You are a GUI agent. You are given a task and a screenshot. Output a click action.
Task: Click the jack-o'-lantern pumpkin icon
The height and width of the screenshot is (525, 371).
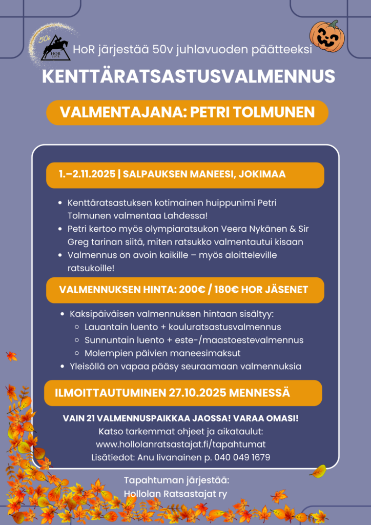(x=327, y=36)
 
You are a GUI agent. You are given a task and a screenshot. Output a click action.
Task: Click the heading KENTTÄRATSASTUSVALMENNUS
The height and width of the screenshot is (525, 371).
(x=188, y=76)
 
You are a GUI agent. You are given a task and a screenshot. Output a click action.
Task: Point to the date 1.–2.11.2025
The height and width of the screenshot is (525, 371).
(x=86, y=174)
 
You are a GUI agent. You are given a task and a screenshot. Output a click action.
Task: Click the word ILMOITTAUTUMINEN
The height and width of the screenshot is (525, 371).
(x=110, y=393)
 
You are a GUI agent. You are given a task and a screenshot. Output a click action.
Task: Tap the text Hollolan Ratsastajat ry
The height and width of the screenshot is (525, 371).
(x=176, y=494)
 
